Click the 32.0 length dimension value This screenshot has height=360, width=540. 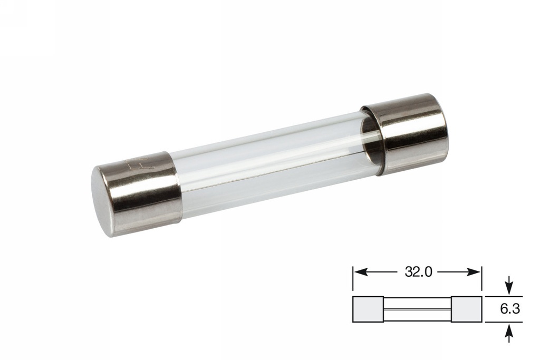pyautogui.click(x=418, y=272)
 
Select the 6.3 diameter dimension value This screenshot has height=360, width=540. pyautogui.click(x=510, y=309)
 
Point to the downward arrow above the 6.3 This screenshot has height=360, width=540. pyautogui.click(x=509, y=288)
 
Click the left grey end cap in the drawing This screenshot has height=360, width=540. pyautogui.click(x=368, y=309)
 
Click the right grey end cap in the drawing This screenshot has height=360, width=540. pyautogui.click(x=466, y=309)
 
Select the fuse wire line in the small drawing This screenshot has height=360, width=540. pyautogui.click(x=417, y=309)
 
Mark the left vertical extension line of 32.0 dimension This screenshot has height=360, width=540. pyautogui.click(x=353, y=279)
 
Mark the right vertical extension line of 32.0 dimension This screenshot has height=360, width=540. pyautogui.click(x=481, y=279)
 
